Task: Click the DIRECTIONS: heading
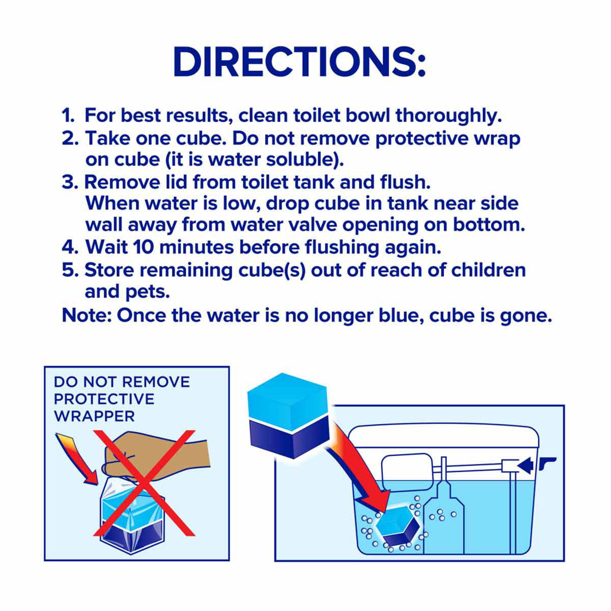click(x=299, y=62)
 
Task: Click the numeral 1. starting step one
click(x=68, y=116)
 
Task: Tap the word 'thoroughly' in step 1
click(x=449, y=116)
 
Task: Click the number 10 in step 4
click(x=143, y=247)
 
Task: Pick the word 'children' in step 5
click(x=488, y=270)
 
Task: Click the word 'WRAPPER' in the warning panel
click(x=95, y=416)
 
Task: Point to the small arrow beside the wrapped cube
click(x=76, y=459)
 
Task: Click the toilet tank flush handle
click(x=547, y=463)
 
